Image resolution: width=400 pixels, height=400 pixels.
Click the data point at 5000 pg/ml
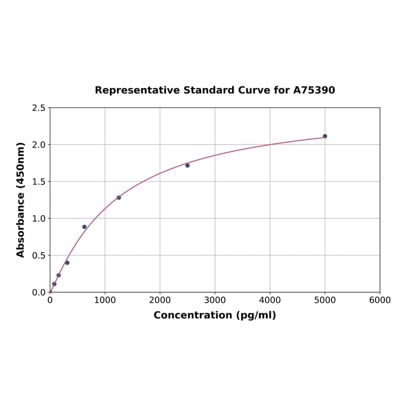[325, 136]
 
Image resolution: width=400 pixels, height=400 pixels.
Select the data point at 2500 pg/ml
[187, 165]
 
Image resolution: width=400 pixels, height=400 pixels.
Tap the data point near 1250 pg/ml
[119, 197]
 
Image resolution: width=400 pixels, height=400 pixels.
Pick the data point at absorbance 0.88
[84, 227]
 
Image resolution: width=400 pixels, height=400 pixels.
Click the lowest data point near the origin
[54, 284]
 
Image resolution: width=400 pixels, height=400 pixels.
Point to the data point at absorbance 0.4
[67, 263]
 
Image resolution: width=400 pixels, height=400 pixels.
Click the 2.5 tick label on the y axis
[38, 108]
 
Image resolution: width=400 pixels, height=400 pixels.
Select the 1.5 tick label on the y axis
[38, 182]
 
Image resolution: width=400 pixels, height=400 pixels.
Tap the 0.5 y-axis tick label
[38, 255]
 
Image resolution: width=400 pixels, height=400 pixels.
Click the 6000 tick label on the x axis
[380, 301]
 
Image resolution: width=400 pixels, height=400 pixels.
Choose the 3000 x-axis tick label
[215, 301]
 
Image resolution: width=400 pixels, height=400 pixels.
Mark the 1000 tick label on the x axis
[105, 301]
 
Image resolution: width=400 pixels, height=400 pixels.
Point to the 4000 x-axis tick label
[270, 301]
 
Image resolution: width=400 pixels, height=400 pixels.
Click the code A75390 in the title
[314, 91]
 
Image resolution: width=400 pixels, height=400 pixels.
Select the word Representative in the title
[137, 91]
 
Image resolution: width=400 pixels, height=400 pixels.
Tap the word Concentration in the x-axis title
[193, 316]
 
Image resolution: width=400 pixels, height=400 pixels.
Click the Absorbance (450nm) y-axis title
[21, 199]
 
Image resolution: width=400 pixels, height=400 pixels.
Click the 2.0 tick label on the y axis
[38, 145]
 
